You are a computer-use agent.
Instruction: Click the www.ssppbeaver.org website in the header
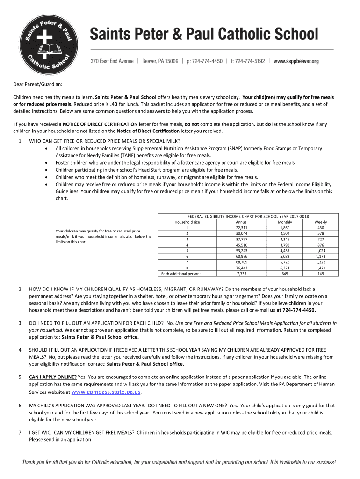point(295,61)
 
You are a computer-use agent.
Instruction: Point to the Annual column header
point(242,222)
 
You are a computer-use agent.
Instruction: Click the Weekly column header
point(321,222)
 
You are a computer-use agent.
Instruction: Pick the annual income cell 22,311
point(242,228)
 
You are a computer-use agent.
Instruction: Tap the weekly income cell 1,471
point(321,268)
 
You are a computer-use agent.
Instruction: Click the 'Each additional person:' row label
point(180,274)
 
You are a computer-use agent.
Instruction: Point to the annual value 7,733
point(242,274)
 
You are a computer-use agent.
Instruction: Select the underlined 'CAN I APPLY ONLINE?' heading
point(53,377)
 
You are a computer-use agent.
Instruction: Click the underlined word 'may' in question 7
point(236,433)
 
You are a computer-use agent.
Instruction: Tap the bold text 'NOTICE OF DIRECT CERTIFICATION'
point(97,124)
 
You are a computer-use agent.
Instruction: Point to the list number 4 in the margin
point(20,350)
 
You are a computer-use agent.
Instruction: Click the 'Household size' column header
point(187,222)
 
